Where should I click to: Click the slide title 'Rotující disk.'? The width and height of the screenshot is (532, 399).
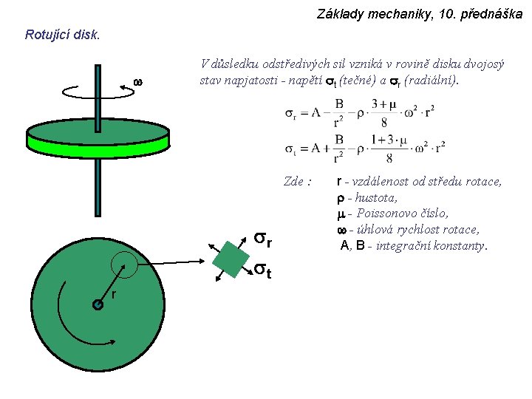tap(62, 35)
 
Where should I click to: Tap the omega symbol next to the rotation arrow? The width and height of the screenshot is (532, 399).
tap(136, 81)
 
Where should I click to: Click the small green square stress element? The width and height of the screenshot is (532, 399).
tap(231, 259)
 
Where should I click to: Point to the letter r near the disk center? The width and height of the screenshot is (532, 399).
tap(114, 295)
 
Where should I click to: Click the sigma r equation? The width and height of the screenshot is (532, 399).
tap(359, 114)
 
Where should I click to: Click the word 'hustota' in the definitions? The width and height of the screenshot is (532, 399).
tap(376, 198)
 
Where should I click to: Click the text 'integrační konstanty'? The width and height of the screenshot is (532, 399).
tap(431, 245)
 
